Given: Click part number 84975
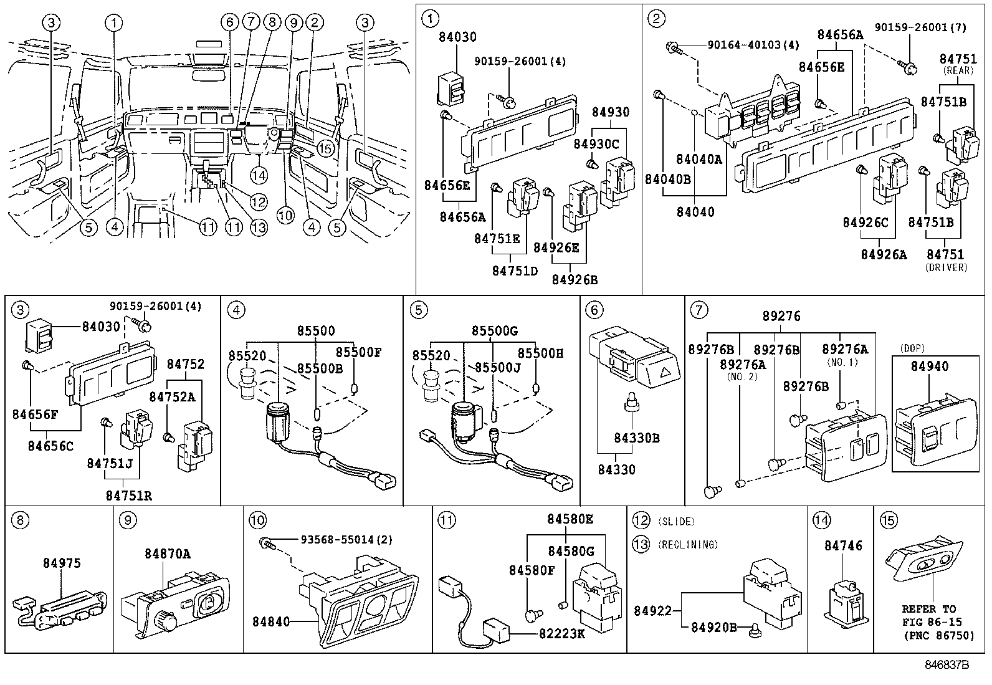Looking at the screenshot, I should (x=62, y=563).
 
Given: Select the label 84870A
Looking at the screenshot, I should (x=168, y=553).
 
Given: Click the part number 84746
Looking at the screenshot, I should (x=843, y=545).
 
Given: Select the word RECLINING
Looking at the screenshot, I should (x=688, y=545).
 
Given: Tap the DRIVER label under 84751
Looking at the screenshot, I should (x=947, y=267).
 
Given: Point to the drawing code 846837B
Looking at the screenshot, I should (x=947, y=665).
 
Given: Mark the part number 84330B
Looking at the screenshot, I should (x=636, y=438).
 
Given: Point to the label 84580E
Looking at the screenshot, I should (x=570, y=519).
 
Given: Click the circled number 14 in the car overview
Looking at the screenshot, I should (x=259, y=176).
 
